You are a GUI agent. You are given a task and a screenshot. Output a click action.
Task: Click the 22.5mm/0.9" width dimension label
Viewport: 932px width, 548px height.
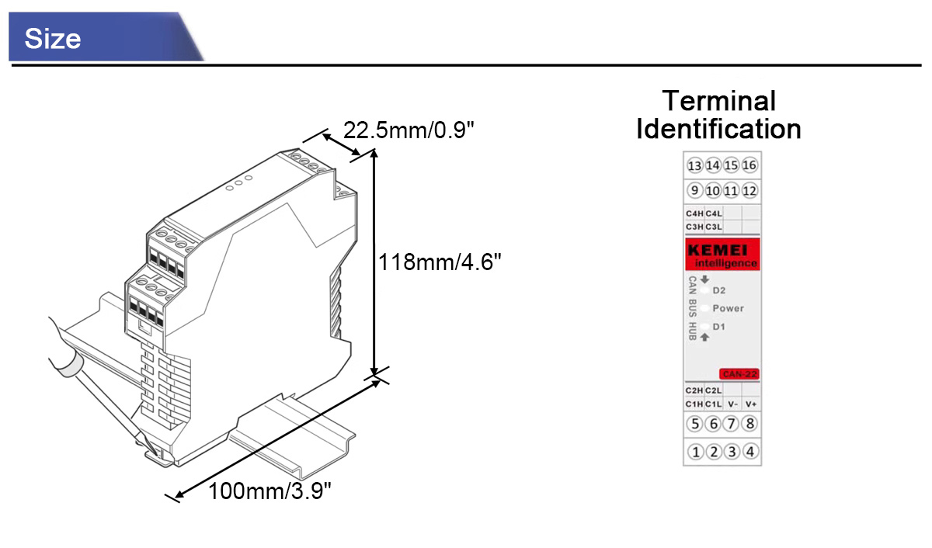409,130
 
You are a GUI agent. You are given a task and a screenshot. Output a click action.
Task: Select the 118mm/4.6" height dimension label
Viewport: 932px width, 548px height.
440,262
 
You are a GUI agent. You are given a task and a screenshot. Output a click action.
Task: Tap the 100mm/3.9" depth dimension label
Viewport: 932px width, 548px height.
270,491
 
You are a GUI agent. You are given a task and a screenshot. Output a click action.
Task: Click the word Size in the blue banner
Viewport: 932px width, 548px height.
53,39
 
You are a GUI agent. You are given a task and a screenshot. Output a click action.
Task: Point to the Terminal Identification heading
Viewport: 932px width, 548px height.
719,115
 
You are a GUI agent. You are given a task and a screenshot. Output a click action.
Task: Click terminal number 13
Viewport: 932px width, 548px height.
694,165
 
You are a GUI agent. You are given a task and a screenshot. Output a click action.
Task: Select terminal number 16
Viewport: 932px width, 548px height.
749,165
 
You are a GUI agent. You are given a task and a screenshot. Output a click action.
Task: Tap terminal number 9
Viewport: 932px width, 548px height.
694,190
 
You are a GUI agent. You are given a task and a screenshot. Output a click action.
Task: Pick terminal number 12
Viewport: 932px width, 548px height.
749,191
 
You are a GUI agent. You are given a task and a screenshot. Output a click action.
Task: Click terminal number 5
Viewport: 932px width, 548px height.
695,424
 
